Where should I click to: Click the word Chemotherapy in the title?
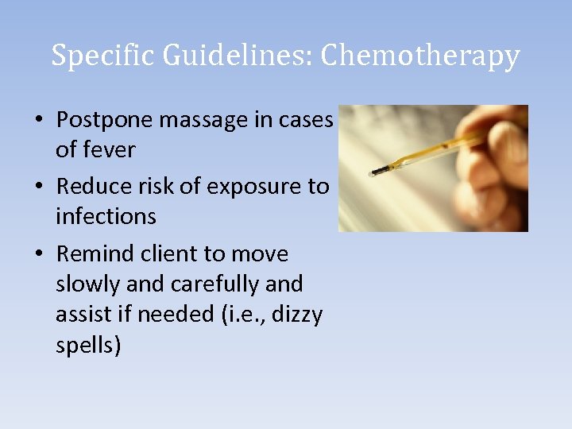tap(420, 56)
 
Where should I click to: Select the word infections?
tap(106, 215)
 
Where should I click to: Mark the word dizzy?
tap(297, 315)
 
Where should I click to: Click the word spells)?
tap(88, 346)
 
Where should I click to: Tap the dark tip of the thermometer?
tap(377, 172)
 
